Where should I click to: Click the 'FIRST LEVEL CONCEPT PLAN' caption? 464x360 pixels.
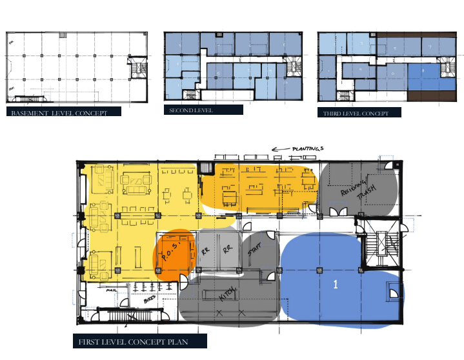tap(139, 341)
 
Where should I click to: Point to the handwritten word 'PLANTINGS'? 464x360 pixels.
tap(306, 148)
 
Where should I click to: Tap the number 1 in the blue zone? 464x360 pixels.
tap(336, 284)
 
